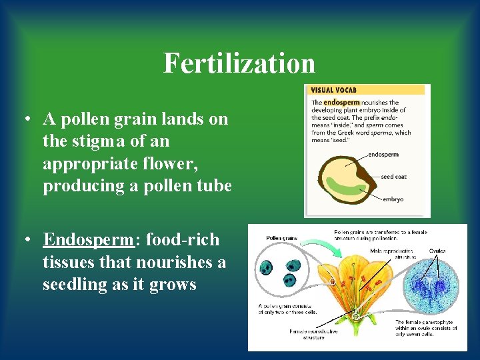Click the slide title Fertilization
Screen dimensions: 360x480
pos(239,63)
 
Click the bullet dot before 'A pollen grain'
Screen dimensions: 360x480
pos(24,120)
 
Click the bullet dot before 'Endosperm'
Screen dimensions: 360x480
pos(24,239)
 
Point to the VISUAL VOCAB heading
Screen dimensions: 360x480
pos(333,90)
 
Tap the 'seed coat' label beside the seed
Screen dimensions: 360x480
pos(395,177)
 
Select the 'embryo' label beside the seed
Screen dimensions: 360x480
pos(393,199)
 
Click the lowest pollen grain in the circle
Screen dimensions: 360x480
pos(290,280)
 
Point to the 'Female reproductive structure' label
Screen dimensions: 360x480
pos(313,334)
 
